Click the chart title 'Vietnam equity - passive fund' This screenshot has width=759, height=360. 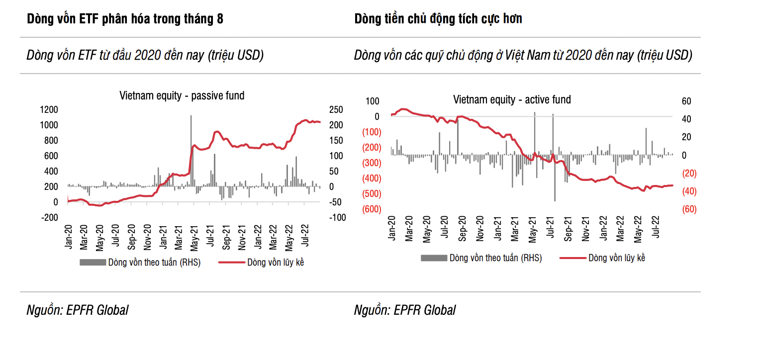(182, 95)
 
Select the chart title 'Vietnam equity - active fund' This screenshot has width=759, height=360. (512, 99)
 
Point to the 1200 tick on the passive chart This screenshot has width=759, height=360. (48, 109)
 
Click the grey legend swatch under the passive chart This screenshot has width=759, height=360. (93, 263)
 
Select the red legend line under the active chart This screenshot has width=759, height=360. (571, 258)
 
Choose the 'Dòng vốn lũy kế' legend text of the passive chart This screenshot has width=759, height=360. (276, 263)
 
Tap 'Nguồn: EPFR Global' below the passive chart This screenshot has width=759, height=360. (77, 310)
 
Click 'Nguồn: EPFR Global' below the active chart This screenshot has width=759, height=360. (404, 310)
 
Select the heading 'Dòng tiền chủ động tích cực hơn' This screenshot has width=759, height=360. (438, 19)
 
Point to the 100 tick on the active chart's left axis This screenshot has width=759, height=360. (373, 101)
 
